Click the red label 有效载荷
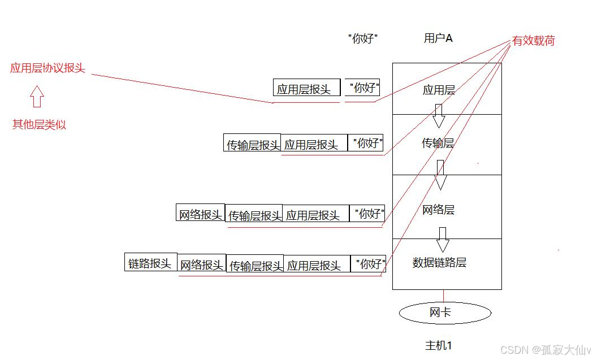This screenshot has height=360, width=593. (x=533, y=41)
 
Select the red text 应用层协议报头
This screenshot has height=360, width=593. (x=47, y=68)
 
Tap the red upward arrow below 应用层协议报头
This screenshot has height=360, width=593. (x=37, y=96)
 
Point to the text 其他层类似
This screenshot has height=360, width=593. (x=39, y=125)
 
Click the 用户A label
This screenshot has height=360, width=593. (x=438, y=38)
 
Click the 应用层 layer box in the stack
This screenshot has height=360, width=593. (x=447, y=89)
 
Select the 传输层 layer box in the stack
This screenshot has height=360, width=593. (x=447, y=144)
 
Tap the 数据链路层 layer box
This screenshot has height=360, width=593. (x=447, y=263)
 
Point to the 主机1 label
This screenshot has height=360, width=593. (x=438, y=345)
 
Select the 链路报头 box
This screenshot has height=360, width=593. (x=150, y=262)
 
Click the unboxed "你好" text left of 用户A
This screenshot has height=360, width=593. (x=362, y=39)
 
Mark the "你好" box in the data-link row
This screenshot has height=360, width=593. (x=369, y=263)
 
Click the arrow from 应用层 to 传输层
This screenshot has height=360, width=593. (x=439, y=116)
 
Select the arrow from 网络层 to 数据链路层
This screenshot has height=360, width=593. (x=443, y=240)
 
